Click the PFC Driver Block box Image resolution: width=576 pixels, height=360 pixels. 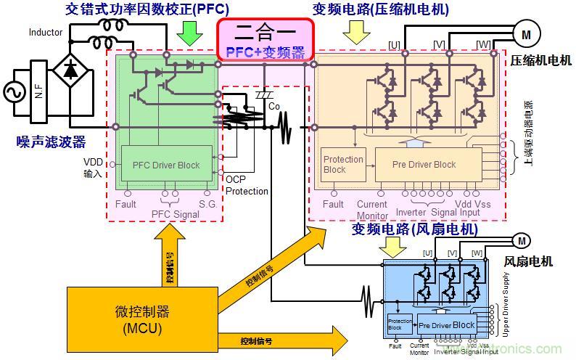[166, 165]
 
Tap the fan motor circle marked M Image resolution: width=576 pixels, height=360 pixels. [521, 241]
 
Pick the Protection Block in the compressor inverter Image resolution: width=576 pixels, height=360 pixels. [344, 164]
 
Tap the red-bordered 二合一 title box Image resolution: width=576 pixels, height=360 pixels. [266, 39]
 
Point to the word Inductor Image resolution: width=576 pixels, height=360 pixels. [46, 33]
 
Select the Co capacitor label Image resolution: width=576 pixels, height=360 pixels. [273, 106]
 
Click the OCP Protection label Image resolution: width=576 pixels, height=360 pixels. [247, 185]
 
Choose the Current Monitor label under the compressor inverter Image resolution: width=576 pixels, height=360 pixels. [371, 210]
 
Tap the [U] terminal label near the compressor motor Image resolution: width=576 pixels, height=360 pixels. [394, 45]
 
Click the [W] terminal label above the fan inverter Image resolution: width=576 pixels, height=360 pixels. [477, 253]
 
